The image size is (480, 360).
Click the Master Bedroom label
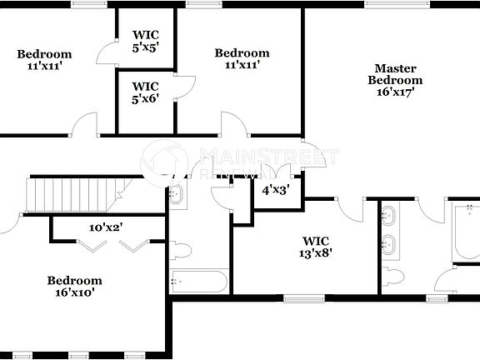(x=396, y=80)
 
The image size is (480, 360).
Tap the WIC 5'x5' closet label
(x=145, y=42)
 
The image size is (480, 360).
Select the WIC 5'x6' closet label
(x=145, y=92)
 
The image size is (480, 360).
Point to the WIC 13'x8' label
(x=316, y=247)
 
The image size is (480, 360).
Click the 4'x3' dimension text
(x=276, y=190)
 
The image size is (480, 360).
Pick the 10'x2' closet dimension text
(x=106, y=227)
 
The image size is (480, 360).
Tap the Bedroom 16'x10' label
(x=74, y=287)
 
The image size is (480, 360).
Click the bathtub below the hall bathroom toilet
(x=199, y=281)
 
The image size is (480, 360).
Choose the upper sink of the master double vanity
(x=388, y=216)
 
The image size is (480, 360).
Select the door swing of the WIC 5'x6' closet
(x=185, y=87)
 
